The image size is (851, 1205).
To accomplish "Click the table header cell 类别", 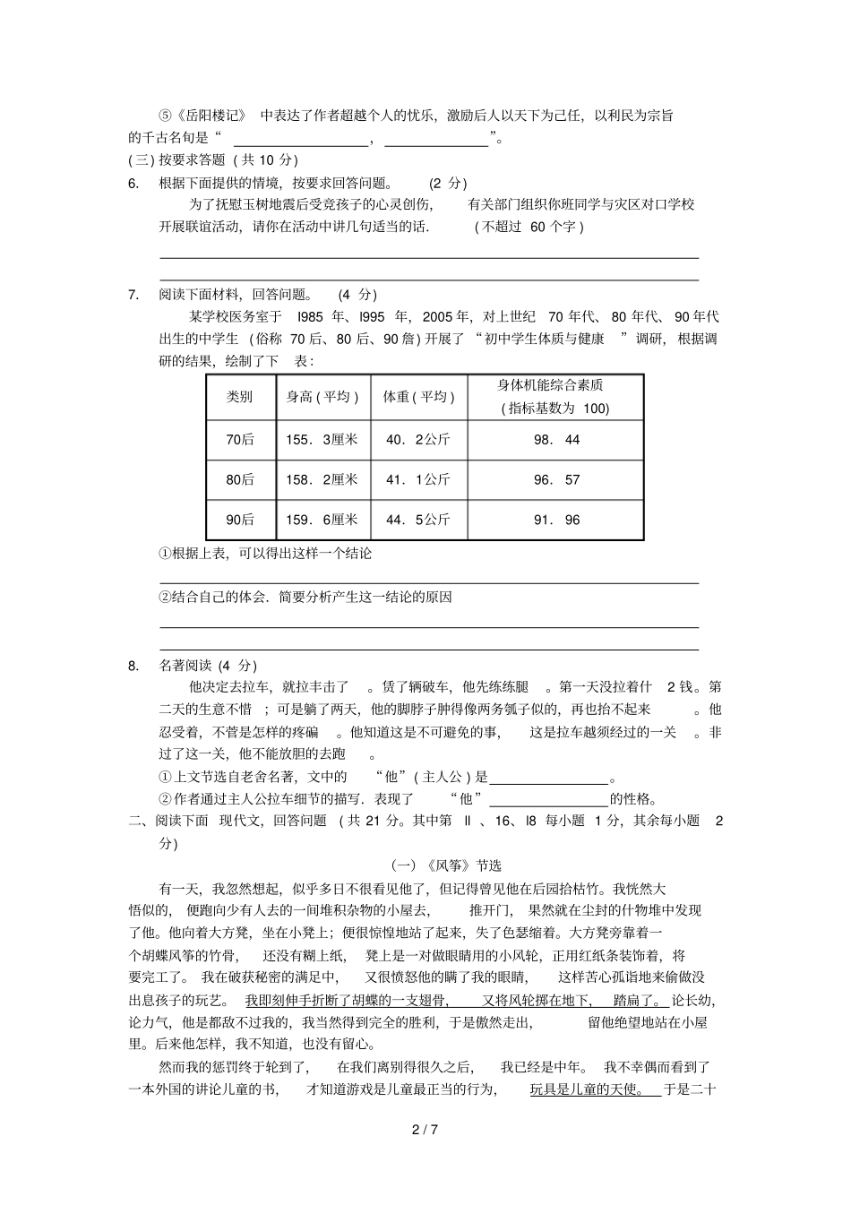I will coord(239,397).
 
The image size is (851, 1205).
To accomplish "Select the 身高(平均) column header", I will coord(322,397).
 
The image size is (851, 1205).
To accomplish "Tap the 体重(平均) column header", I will coord(418,397).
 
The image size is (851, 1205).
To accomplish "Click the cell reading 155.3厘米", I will coord(322,440).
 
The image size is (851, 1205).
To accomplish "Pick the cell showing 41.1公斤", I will coord(418,480).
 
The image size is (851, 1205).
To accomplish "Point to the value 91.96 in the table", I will coord(556,520).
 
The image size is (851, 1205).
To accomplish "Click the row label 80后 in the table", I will coord(239,480).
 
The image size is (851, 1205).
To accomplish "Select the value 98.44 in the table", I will coord(556,440).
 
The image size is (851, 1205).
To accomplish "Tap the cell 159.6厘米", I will coord(322,520).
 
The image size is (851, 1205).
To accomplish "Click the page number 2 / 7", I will coord(425,1130).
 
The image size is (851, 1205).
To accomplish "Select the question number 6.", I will coord(133,184).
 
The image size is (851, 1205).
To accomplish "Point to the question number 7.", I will coord(133,295).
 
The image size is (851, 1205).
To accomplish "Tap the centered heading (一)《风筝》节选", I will coord(446,865).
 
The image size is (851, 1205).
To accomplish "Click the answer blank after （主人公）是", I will coord(549,778).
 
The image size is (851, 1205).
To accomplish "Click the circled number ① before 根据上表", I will coord(165,554).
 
